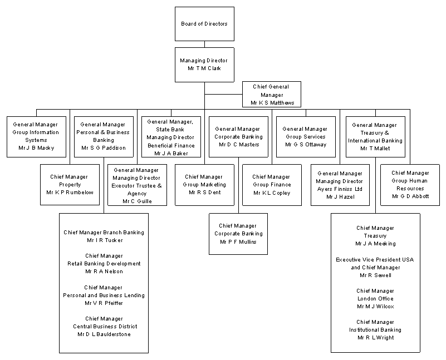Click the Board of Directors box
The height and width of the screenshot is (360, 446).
point(204,24)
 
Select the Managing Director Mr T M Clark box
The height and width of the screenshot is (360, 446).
point(204,64)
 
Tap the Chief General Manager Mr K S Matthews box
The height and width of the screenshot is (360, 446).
point(272,95)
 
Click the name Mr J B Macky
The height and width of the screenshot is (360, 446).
point(36,149)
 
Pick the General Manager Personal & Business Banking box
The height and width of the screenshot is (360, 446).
point(104,136)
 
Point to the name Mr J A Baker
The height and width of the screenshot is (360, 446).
point(170,153)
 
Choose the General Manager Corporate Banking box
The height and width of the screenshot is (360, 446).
point(238,136)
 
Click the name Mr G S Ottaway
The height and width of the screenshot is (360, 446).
point(306,145)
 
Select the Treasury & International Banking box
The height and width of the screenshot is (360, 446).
point(375,136)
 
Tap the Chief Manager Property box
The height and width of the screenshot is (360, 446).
point(70,184)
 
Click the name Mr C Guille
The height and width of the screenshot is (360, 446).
point(137,201)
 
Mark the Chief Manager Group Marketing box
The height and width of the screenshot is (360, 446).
point(204,184)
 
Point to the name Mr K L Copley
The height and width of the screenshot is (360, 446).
point(272,193)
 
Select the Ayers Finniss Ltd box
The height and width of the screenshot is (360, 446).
point(340,185)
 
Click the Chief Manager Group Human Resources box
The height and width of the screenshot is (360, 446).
point(410,184)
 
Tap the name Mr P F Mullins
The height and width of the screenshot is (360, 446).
point(238,242)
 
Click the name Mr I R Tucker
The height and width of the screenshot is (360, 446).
point(104,240)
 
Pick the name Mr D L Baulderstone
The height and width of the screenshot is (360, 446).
point(104,334)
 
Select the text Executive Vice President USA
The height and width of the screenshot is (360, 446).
point(375,260)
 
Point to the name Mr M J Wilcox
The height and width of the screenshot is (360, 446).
point(375,307)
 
